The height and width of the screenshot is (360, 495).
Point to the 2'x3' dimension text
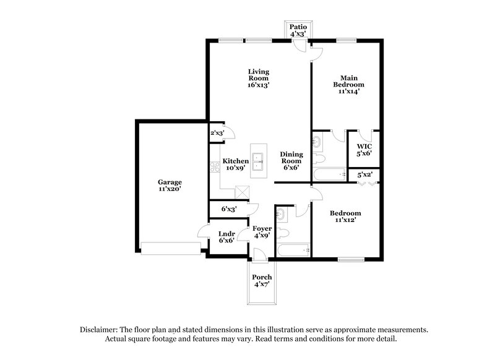click(217, 133)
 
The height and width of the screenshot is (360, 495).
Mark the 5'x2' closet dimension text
click(364, 175)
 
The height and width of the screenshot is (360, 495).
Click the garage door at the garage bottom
click(170, 251)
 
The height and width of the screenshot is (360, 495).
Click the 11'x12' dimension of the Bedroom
click(348, 220)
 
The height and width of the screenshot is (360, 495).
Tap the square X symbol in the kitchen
click(244, 192)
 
